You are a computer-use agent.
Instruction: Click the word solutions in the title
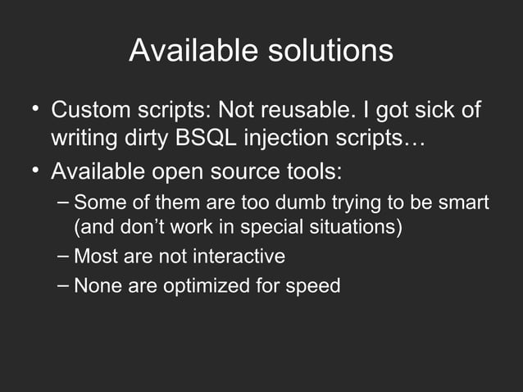coord(330,52)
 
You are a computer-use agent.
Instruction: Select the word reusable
coord(321,110)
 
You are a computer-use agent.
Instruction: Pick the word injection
coord(289,138)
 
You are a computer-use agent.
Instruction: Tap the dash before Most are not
coord(64,256)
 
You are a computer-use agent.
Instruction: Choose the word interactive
coord(239,257)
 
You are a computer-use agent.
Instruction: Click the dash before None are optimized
coord(64,285)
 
